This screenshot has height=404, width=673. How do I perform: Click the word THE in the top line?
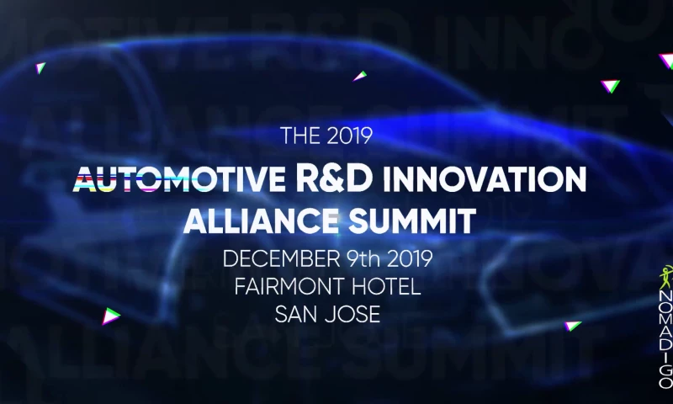click(297, 135)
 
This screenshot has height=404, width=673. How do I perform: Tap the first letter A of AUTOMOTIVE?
click(86, 179)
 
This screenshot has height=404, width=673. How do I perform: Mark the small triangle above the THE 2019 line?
click(360, 76)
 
